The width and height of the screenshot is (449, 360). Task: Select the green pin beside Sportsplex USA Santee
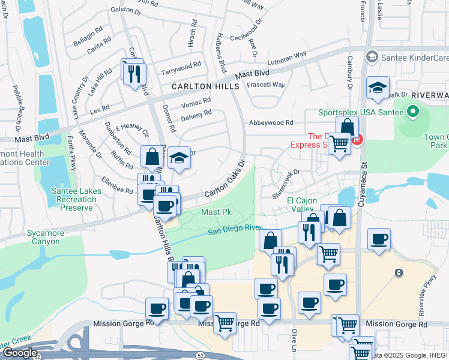click(412, 112)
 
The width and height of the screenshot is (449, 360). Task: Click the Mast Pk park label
click(216, 212)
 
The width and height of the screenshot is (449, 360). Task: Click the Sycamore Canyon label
click(43, 238)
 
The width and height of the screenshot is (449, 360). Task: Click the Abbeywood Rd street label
click(271, 122)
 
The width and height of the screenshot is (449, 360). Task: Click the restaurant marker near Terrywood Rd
click(134, 73)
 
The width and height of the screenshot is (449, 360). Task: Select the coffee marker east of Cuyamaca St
click(379, 239)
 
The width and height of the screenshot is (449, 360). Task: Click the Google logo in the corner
click(20, 353)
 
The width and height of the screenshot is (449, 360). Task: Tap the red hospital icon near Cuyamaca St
click(357, 140)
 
